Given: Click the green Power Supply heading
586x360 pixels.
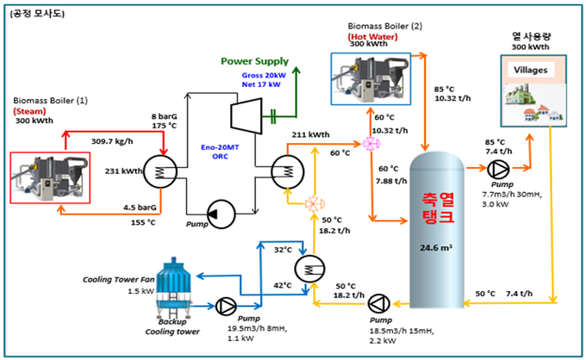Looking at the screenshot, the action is click(254, 61).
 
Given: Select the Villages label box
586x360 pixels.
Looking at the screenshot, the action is click(531, 70).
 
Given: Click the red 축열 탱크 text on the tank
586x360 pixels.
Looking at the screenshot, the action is click(438, 208).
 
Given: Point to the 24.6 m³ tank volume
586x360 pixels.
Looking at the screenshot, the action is click(436, 247).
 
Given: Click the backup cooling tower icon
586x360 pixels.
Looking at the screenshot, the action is click(173, 288).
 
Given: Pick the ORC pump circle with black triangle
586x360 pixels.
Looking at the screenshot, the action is click(221, 214).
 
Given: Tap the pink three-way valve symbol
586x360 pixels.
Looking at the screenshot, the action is click(371, 144).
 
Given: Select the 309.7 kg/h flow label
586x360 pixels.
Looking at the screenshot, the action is click(112, 141).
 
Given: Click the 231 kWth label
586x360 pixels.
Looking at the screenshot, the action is click(124, 171).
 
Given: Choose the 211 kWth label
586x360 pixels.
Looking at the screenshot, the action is click(310, 134).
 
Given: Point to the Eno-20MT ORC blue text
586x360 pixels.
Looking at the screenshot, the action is click(220, 152).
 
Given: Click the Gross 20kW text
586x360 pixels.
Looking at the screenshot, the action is click(264, 75).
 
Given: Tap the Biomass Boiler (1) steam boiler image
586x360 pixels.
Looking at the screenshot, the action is click(50, 177).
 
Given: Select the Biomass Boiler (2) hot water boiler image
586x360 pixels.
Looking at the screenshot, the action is click(371, 78).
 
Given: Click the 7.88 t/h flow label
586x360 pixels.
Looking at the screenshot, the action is click(391, 181).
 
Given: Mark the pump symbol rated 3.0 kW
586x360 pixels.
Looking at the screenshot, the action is click(498, 170).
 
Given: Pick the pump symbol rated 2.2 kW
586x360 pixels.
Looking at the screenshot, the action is click(379, 304).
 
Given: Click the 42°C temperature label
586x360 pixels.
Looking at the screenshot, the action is click(283, 285).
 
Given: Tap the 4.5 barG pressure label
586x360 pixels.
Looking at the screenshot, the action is click(140, 208).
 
